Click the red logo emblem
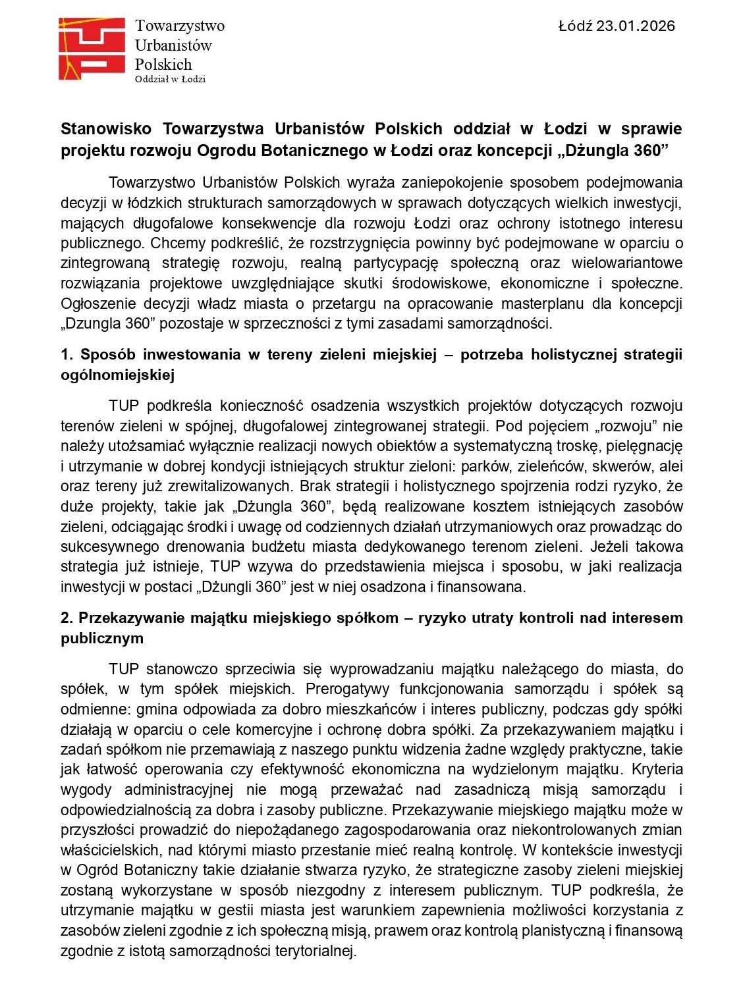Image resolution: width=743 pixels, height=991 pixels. click(x=92, y=49)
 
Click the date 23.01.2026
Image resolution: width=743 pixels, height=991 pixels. click(x=636, y=26)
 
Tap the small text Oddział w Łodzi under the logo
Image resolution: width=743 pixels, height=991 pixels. click(x=170, y=79)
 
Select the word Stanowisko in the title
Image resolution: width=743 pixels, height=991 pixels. click(x=106, y=128)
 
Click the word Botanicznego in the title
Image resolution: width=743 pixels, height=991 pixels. click(x=316, y=150)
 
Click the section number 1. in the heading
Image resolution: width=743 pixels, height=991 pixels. click(x=67, y=355)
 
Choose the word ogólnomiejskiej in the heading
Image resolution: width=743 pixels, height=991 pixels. click(x=117, y=375)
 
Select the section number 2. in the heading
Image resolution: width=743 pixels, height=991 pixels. click(x=67, y=618)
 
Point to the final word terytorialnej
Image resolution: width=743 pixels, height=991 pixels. click(x=315, y=951)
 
